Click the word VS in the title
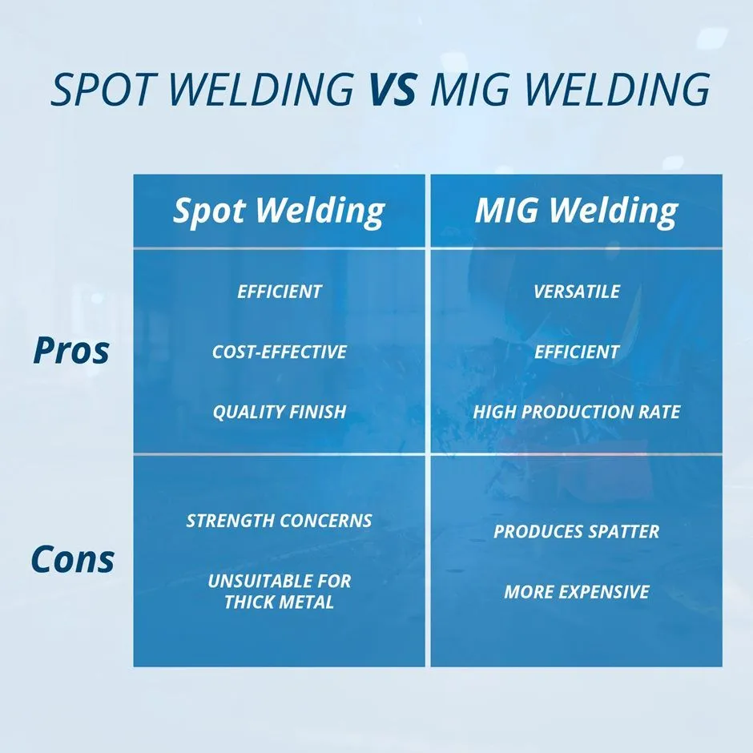coord(393,89)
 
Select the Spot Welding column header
coord(279,211)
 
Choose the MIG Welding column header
coord(576,211)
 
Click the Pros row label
coord(71,351)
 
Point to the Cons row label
coord(72,558)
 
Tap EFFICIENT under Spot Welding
coord(279,292)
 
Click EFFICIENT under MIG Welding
coord(576,352)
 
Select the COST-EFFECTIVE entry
coord(279,352)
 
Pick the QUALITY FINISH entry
coord(279,413)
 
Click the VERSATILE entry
coord(576,292)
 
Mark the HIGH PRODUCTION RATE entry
coord(576,413)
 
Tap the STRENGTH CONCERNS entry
coord(279,521)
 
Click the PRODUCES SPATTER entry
coord(576,532)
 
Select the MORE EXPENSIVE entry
coord(576,592)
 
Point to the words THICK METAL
coord(279,602)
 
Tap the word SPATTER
coord(622,532)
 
